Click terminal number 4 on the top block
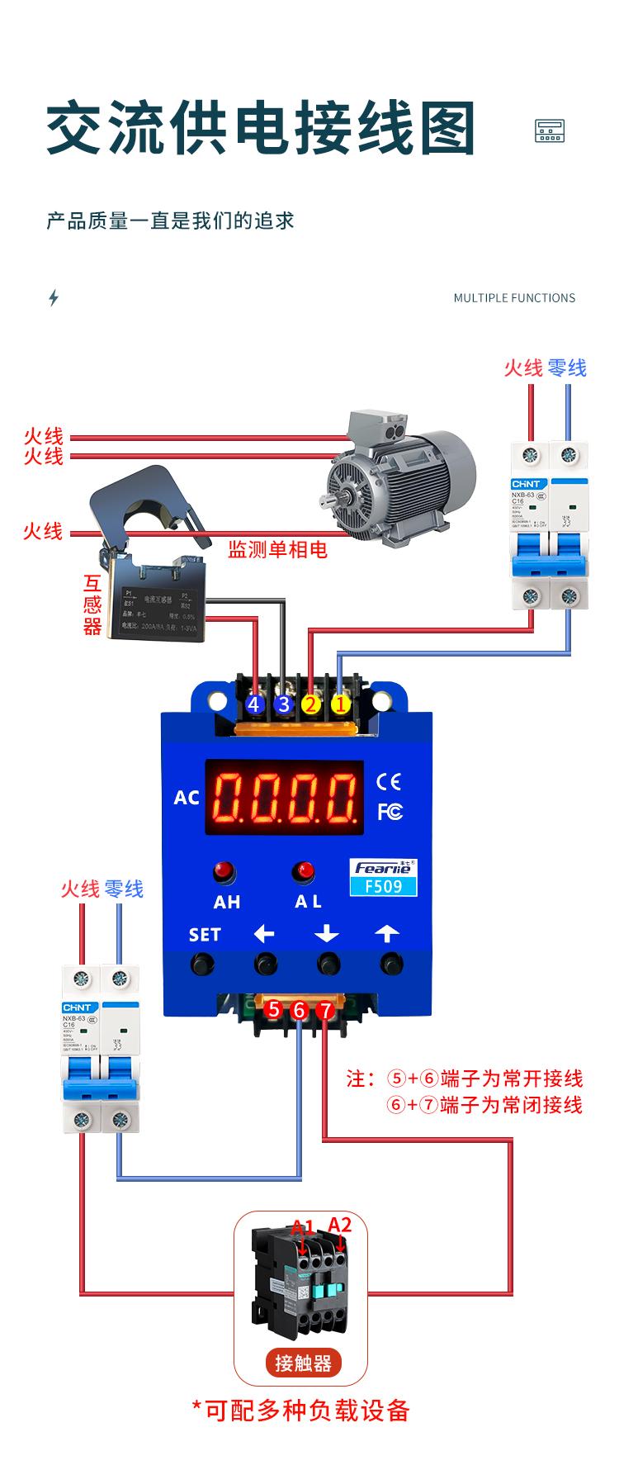tap(254, 704)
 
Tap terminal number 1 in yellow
tap(340, 704)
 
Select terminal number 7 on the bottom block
tap(326, 1010)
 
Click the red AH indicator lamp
tap(224, 870)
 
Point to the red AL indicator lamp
tap(305, 870)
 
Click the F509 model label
tap(385, 886)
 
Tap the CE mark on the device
tap(388, 781)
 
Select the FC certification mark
tap(390, 811)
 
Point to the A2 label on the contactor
tap(340, 1224)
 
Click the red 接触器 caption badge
tap(303, 1363)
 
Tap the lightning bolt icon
tap(54, 297)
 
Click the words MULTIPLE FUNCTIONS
tap(514, 298)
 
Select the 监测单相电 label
tap(278, 549)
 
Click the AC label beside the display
tap(187, 797)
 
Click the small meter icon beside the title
tap(550, 130)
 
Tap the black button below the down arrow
tap(328, 963)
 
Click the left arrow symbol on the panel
tap(264, 934)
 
